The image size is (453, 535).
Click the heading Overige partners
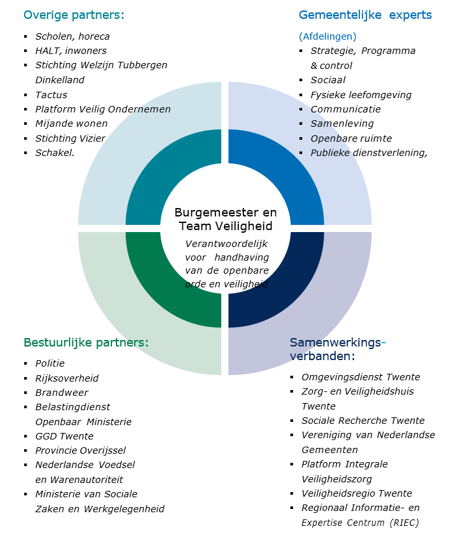[74, 15]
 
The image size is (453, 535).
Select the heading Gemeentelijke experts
[365, 15]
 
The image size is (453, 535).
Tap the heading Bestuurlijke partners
[86, 342]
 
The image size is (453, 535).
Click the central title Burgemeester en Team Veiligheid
[225, 219]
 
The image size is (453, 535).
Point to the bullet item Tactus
[51, 95]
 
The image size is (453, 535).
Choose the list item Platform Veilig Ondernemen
[103, 109]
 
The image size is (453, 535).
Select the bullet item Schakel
[55, 153]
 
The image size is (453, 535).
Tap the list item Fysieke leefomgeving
[361, 95]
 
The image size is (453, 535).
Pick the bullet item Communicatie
[346, 109]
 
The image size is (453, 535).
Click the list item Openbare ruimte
[351, 138]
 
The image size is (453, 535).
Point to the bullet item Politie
[50, 363]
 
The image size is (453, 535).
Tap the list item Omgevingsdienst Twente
[361, 377]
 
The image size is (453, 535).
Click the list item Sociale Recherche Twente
[363, 421]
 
